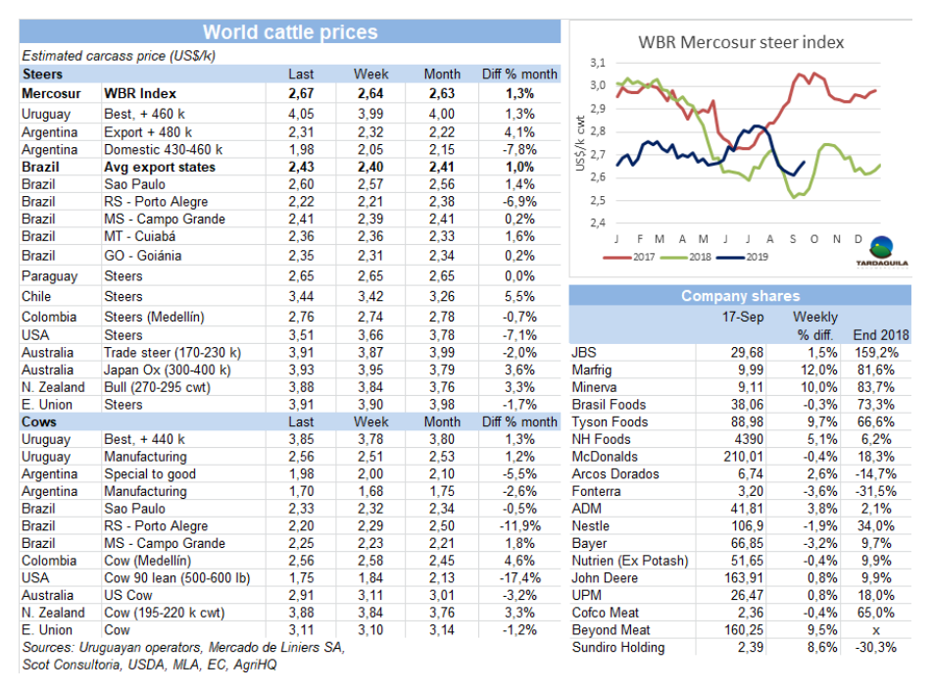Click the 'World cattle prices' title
(289, 32)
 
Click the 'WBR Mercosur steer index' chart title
(741, 43)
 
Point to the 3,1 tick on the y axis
(596, 62)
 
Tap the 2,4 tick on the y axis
(596, 222)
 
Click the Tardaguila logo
(882, 252)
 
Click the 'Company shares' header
(740, 296)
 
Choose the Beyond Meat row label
(611, 630)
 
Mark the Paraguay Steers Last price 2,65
(301, 276)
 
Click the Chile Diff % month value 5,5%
(520, 296)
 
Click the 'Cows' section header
(39, 421)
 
